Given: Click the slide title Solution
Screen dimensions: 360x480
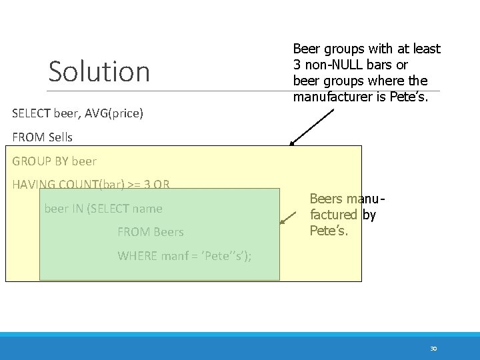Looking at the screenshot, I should [x=99, y=71].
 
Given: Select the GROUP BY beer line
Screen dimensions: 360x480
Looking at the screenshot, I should [x=55, y=161].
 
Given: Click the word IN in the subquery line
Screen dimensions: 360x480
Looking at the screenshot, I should [x=77, y=209].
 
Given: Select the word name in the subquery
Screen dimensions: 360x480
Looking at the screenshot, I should [x=147, y=209].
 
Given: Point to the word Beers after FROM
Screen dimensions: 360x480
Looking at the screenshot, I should [x=169, y=233].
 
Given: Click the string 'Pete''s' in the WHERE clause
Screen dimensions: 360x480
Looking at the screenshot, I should [x=225, y=256].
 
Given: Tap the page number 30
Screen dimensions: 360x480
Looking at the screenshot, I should [x=433, y=349].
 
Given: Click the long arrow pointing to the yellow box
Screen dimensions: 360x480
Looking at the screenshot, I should [x=312, y=127].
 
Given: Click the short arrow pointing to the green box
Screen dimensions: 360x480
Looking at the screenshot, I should [x=289, y=215].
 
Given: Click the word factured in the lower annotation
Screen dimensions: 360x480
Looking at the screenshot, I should [x=336, y=215].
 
